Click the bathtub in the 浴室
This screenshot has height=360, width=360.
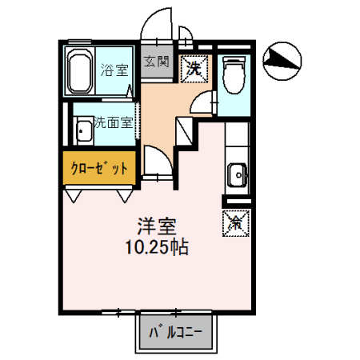pyautogui.click(x=78, y=71)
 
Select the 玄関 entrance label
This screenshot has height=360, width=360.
pyautogui.click(x=157, y=62)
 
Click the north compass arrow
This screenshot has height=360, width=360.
pyautogui.click(x=283, y=58)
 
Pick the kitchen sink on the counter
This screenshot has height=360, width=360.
pyautogui.click(x=237, y=173)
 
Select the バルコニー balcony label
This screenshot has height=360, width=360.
pyautogui.click(x=176, y=330)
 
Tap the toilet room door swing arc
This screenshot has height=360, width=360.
pyautogui.click(x=206, y=102)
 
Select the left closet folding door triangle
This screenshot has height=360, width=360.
pyautogui.click(x=73, y=194)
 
